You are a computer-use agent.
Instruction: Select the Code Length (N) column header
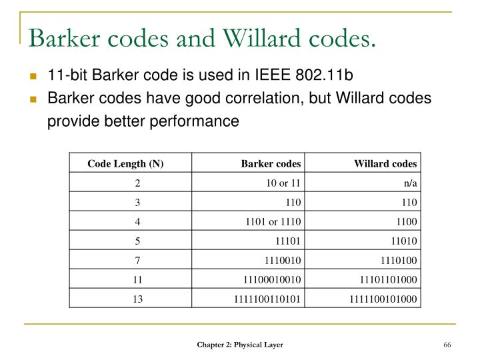click(x=126, y=163)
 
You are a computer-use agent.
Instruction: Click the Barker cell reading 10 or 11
click(x=283, y=182)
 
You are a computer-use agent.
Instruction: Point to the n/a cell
click(x=410, y=182)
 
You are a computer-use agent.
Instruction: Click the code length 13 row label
click(x=137, y=299)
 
